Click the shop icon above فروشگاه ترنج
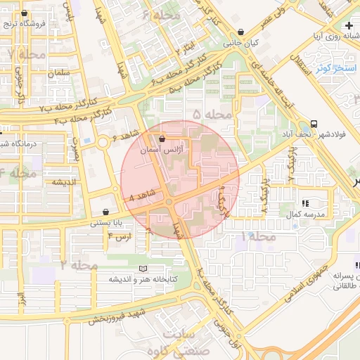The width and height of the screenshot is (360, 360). coord(25,13)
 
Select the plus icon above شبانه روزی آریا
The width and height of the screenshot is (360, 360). coord(349,25)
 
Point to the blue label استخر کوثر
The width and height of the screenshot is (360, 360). coord(337,67)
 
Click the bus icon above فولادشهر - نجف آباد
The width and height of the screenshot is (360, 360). coord(313,120)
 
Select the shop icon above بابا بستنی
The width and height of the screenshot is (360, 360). coord(105,212)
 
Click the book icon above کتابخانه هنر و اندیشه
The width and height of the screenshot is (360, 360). coord(143,269)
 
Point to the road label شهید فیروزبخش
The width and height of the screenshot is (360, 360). coord(117,315)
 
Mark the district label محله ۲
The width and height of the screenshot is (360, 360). coord(79,264)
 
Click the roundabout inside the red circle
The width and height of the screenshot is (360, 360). coord(170,202)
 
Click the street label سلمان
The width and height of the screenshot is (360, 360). coord(61,73)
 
